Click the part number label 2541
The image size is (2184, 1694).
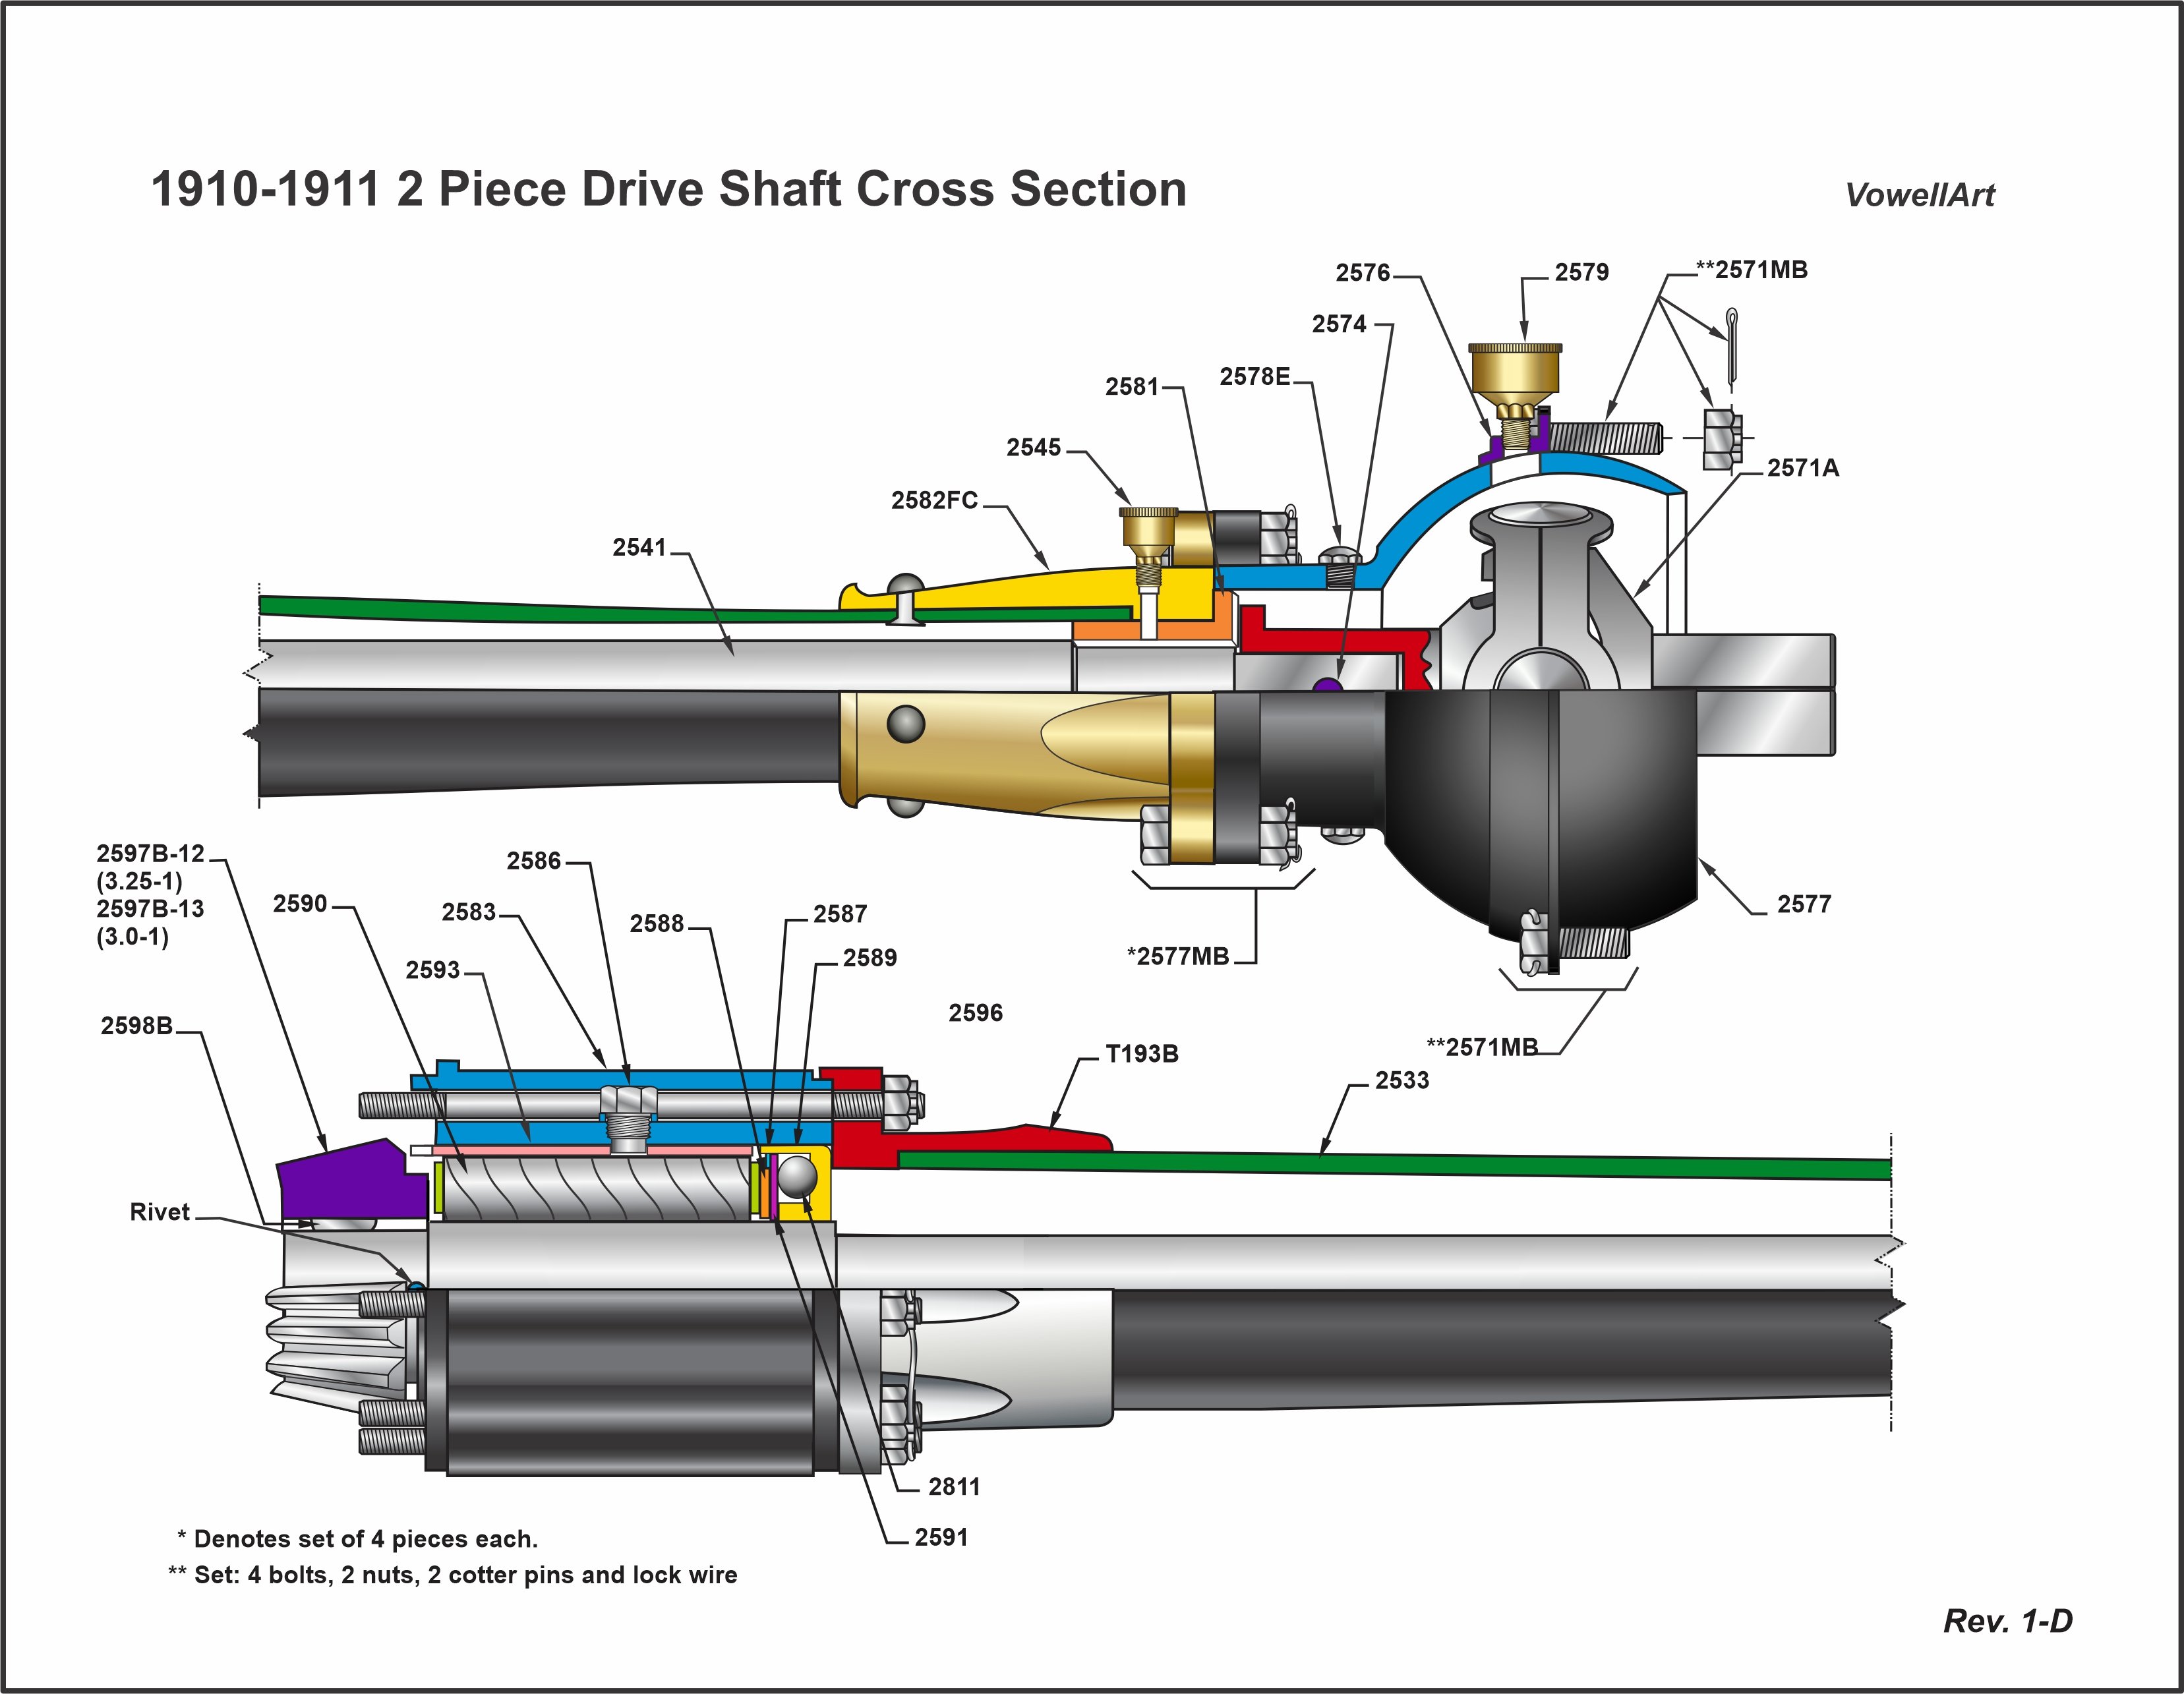638,547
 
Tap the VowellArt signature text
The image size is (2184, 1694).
1919,195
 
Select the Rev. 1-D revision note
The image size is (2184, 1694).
2007,1621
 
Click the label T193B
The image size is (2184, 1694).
1141,1054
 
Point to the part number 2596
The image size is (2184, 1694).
975,1013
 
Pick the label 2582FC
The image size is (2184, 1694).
934,500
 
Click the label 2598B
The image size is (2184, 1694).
136,1026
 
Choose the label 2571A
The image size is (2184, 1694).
1802,468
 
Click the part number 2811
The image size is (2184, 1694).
953,1487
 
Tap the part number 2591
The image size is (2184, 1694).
941,1537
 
